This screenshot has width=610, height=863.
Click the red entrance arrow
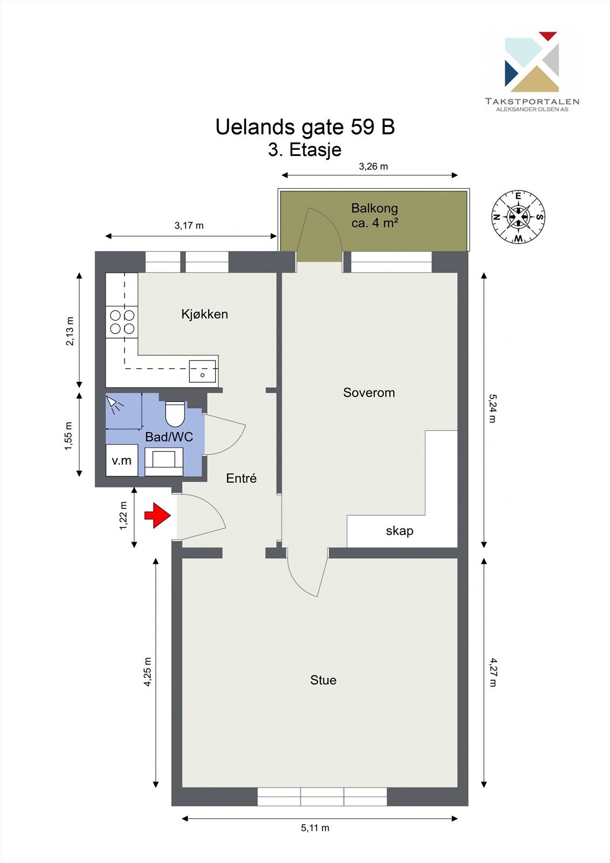pyautogui.click(x=157, y=515)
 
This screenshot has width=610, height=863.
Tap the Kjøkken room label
pyautogui.click(x=204, y=314)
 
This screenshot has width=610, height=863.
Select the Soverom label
pyautogui.click(x=369, y=393)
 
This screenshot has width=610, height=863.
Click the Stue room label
pyautogui.click(x=323, y=680)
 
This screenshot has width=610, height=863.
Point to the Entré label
pyautogui.click(x=241, y=478)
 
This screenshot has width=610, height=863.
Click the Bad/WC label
pyautogui.click(x=169, y=437)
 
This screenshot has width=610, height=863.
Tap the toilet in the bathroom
pyautogui.click(x=175, y=414)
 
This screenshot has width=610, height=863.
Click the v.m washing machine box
pyautogui.click(x=121, y=460)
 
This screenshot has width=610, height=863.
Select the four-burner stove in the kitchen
pyautogui.click(x=122, y=321)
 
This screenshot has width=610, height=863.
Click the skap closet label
pyautogui.click(x=400, y=531)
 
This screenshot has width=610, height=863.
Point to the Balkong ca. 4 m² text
pyautogui.click(x=375, y=215)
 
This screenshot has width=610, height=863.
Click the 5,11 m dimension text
pyautogui.click(x=315, y=827)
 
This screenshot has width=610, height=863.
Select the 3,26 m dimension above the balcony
pyautogui.click(x=373, y=166)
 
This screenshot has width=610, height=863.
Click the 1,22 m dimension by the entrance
pyautogui.click(x=124, y=516)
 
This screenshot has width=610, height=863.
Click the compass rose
pyautogui.click(x=518, y=217)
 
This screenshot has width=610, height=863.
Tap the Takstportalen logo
pyautogui.click(x=532, y=70)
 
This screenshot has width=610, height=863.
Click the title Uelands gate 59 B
pyautogui.click(x=305, y=127)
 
